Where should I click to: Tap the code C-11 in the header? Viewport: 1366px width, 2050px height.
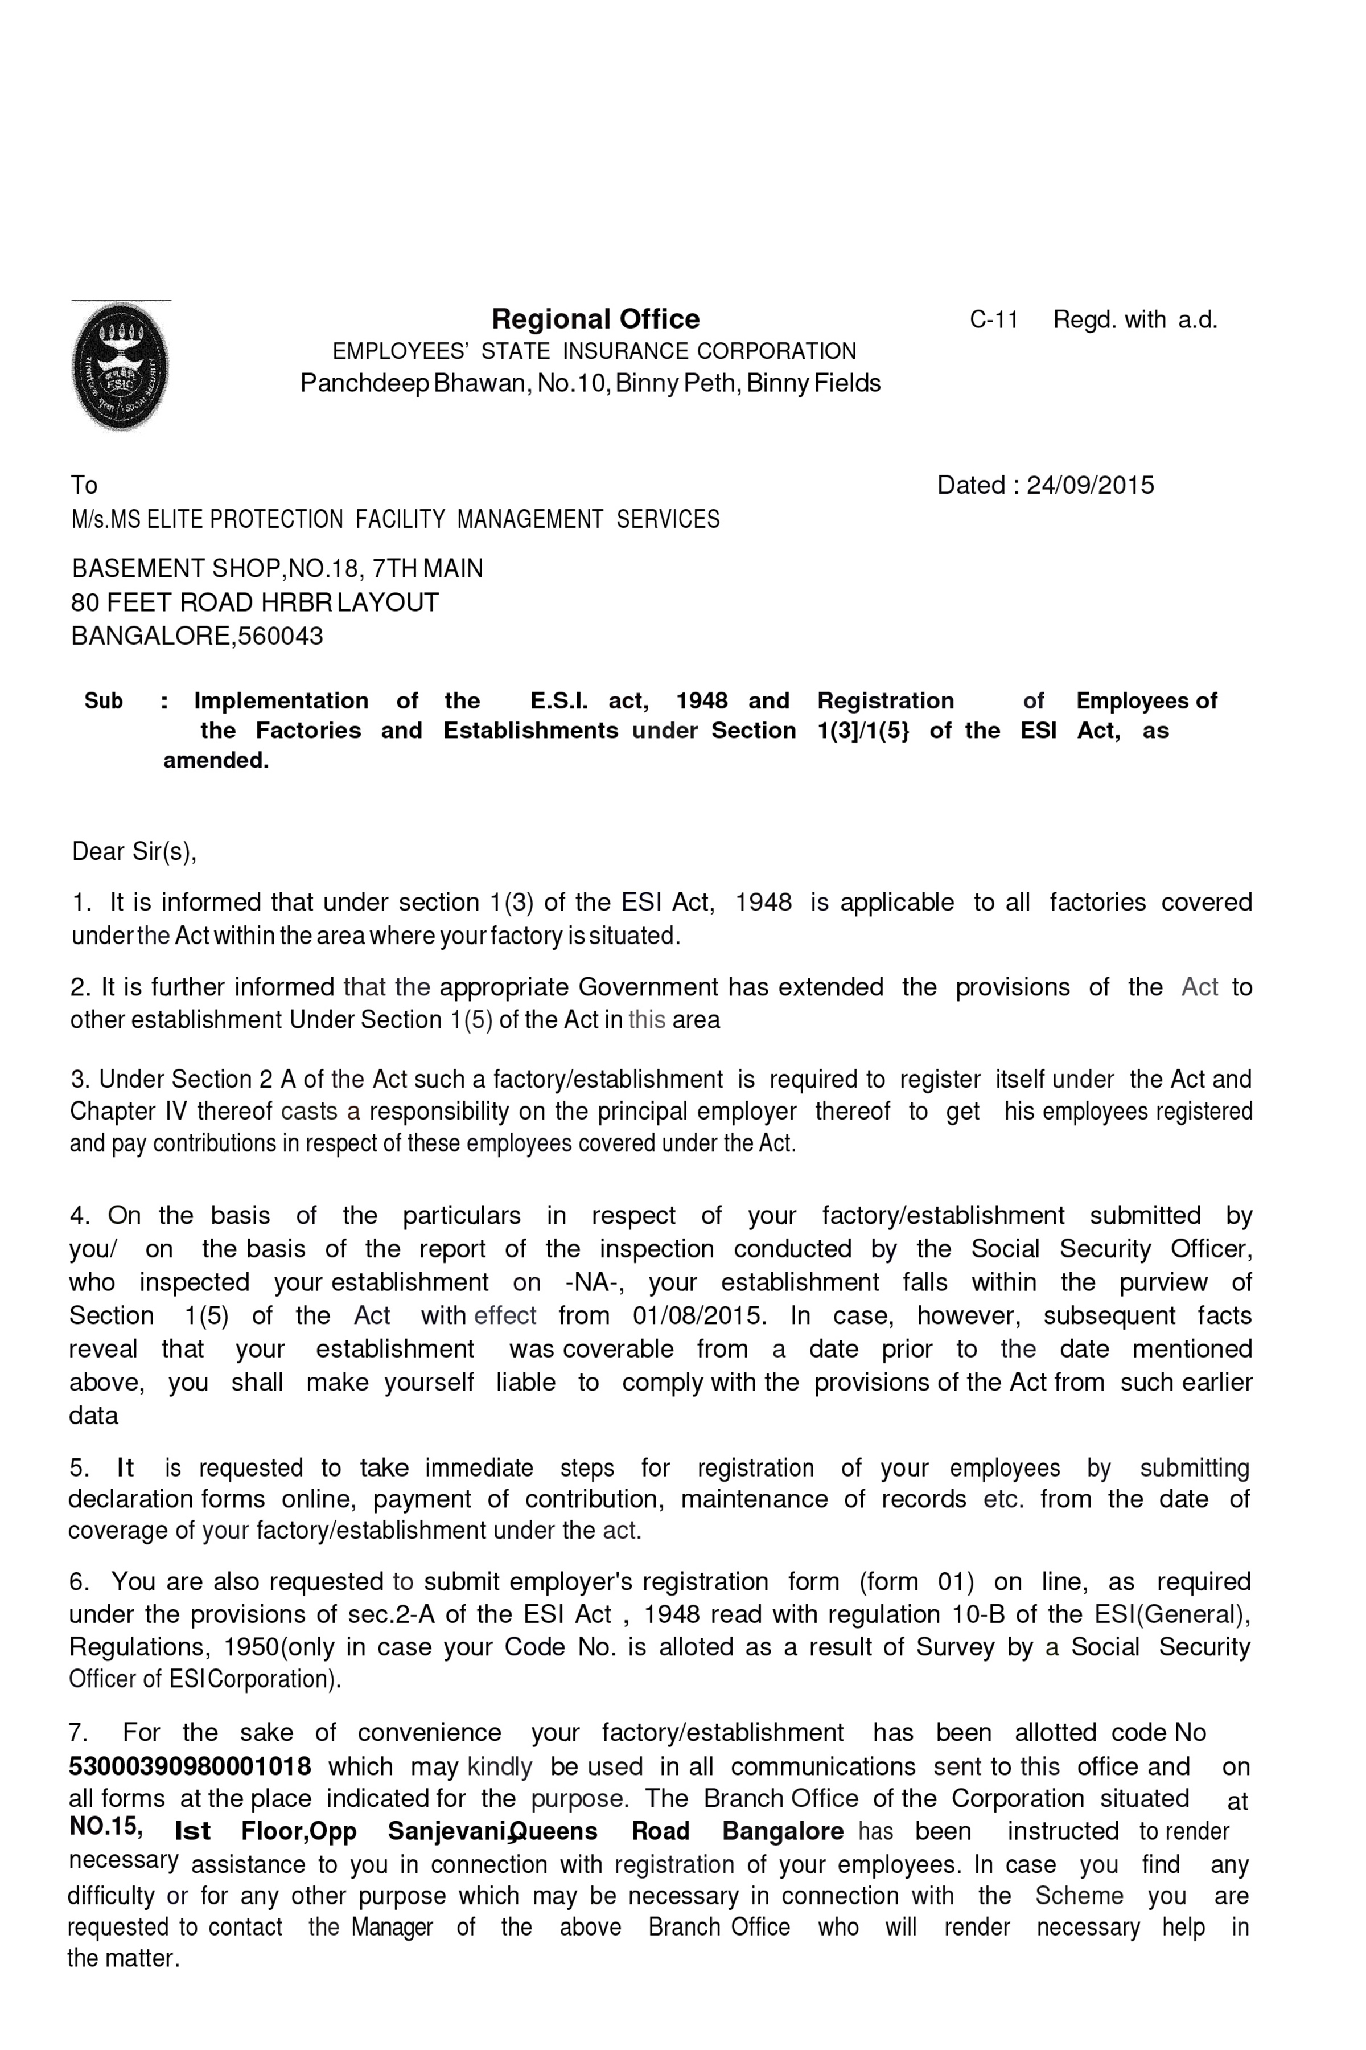[x=993, y=320]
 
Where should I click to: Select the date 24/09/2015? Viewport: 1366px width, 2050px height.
[x=1090, y=486]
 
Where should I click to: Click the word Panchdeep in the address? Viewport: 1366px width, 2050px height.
[x=364, y=383]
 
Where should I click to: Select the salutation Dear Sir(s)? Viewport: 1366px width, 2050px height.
[x=134, y=851]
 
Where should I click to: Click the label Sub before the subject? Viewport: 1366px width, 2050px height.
[x=104, y=702]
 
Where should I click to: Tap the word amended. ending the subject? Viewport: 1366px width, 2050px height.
[x=216, y=761]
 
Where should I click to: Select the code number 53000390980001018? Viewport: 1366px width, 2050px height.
[x=190, y=1767]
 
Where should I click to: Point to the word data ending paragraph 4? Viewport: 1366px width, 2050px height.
[x=93, y=1416]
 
